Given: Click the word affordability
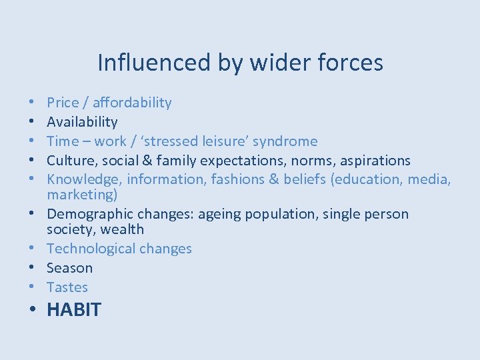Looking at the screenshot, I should (132, 103).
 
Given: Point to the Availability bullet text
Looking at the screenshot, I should (82, 122).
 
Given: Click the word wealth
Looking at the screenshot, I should (122, 229).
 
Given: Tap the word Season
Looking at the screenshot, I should (70, 268).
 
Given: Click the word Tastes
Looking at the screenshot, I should (67, 287).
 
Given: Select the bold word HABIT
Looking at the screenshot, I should (74, 310).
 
